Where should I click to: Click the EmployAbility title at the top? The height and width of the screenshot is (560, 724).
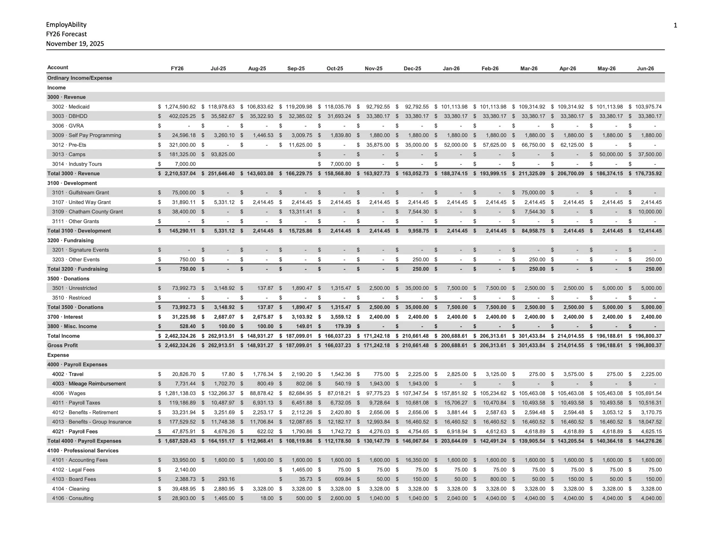point(66,25)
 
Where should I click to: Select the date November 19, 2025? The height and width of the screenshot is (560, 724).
point(75,44)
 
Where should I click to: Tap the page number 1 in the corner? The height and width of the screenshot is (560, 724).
point(675,26)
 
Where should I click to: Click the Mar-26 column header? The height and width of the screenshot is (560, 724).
point(529,69)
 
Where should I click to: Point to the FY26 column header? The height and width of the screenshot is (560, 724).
point(177,69)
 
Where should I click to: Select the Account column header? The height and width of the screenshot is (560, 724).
point(58,68)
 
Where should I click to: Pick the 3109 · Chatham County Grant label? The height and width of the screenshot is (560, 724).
point(87,212)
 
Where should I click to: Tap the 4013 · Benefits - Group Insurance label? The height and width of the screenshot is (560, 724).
point(92,422)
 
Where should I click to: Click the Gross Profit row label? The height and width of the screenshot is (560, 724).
point(62,345)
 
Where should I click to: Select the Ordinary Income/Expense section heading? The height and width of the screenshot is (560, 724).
point(80,78)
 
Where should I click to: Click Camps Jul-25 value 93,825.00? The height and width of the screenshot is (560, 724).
point(222,154)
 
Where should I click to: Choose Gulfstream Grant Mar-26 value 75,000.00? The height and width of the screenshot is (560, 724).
point(533,193)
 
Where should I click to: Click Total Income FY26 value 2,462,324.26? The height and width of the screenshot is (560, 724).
point(180,336)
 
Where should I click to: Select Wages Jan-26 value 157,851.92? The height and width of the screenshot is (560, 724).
point(454,393)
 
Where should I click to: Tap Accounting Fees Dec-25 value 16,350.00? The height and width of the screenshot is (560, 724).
point(417,460)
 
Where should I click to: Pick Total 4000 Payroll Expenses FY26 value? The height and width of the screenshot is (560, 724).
point(180,441)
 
